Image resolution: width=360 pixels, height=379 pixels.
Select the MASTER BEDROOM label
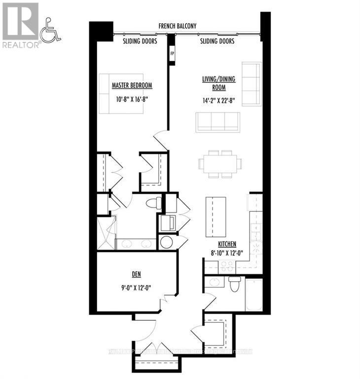click(x=132, y=86)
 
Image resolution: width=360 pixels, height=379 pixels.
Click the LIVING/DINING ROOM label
click(x=214, y=83)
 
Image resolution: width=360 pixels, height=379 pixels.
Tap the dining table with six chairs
click(x=220, y=164)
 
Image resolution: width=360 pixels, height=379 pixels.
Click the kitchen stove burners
click(x=227, y=267)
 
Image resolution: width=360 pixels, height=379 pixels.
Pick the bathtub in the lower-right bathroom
click(x=253, y=295)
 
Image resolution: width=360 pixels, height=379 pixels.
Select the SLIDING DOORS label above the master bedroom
click(x=140, y=41)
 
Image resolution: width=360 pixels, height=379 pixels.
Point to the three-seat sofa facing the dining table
click(x=217, y=122)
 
